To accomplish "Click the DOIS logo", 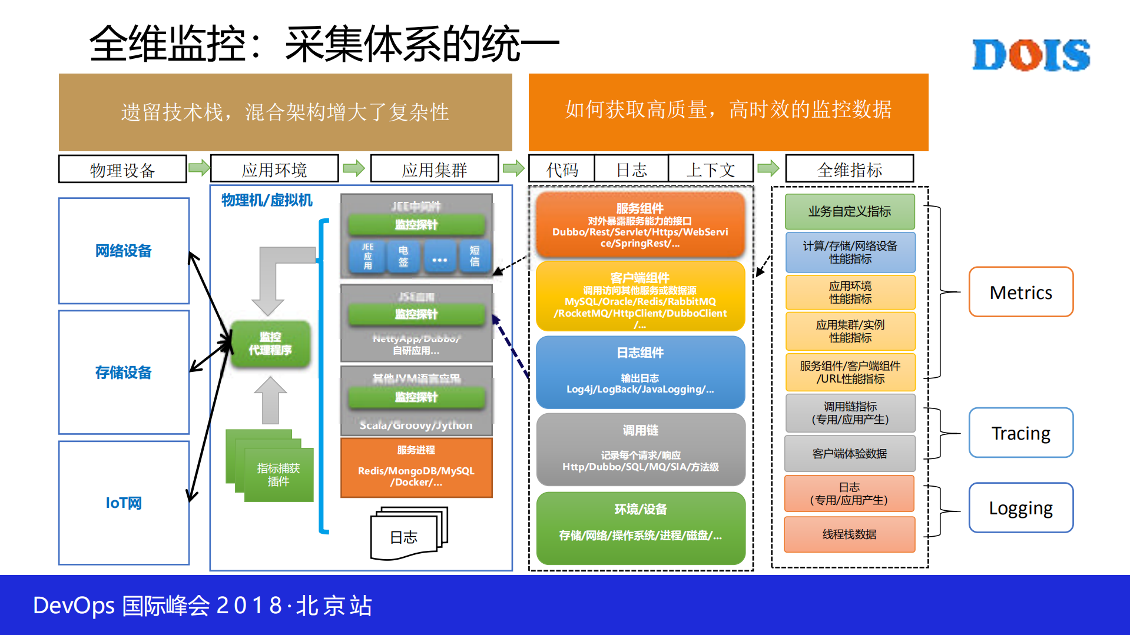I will point(1030,55).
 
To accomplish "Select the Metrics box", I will point(1020,292).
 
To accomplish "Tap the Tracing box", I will point(1020,433).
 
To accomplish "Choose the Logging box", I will point(1020,507).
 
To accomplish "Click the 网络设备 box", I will point(124,251).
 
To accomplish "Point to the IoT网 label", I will point(124,503).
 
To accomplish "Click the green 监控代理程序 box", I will point(270,344).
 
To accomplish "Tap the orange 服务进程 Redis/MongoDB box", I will point(416,468).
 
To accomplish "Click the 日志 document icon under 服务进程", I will point(406,534).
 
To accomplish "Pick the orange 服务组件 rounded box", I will point(640,225).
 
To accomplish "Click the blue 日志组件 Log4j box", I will point(640,372).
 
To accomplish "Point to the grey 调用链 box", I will point(640,448).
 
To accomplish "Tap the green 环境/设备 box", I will point(640,527).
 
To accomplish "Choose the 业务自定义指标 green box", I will point(849,211).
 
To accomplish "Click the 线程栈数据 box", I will point(849,534).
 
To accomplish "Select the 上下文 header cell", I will point(711,169).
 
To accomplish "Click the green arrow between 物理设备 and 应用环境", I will point(199,168).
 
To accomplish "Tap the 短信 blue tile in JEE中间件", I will point(474,257).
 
